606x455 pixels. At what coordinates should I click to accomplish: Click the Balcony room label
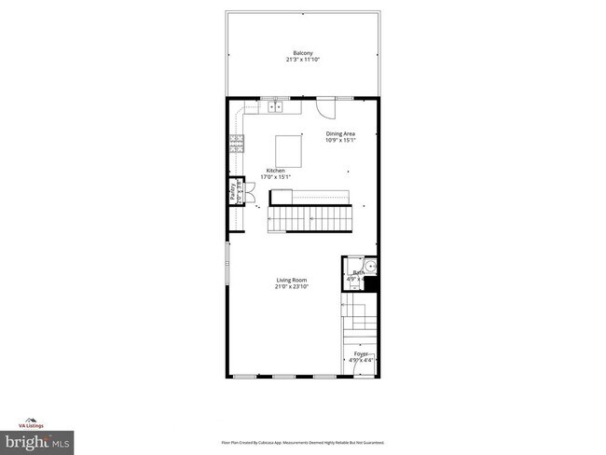pyautogui.click(x=302, y=52)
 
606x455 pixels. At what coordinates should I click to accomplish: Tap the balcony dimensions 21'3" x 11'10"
pyautogui.click(x=302, y=60)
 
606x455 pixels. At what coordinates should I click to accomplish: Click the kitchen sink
pyautogui.click(x=277, y=108)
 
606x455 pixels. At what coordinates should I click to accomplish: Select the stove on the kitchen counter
pyautogui.click(x=236, y=143)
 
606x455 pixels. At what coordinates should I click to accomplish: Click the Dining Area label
pyautogui.click(x=340, y=134)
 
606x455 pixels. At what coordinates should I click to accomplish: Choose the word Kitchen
pyautogui.click(x=276, y=170)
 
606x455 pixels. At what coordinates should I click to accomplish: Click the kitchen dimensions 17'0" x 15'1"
pyautogui.click(x=276, y=177)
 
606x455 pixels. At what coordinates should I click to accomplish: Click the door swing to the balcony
pyautogui.click(x=326, y=108)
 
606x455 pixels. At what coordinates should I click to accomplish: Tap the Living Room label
pyautogui.click(x=291, y=280)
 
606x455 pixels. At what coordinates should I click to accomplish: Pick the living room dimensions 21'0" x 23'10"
pyautogui.click(x=291, y=287)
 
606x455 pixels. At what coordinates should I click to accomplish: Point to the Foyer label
pyautogui.click(x=359, y=353)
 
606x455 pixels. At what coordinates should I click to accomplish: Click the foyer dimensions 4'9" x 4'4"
pyautogui.click(x=359, y=360)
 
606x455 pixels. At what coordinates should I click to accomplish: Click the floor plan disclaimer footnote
pyautogui.click(x=302, y=442)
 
